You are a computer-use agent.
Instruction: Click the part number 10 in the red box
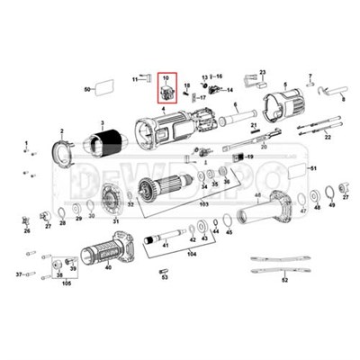click(165, 79)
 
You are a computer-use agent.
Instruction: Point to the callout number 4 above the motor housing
click(163, 107)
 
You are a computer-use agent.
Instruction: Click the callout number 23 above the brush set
click(263, 71)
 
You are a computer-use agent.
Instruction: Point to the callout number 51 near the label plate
click(313, 168)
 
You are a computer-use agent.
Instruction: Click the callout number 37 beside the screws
click(19, 270)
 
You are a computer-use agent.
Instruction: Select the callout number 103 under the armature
click(203, 206)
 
